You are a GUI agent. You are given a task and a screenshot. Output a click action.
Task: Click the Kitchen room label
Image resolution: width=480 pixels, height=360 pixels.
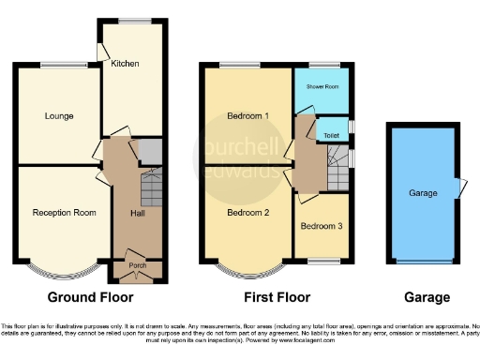pos(125,64)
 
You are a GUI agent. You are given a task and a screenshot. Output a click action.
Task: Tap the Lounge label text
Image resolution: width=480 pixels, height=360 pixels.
pos(58,116)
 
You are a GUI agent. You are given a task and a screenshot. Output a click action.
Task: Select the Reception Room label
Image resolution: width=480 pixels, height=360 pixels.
pos(64,213)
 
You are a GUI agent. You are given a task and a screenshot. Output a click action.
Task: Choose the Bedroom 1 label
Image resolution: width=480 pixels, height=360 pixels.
pos(247,116)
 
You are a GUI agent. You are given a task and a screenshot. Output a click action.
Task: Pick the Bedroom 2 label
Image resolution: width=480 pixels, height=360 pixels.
pos(247,213)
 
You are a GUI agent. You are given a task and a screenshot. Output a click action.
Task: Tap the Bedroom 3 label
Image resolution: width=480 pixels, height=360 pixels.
pos(322,226)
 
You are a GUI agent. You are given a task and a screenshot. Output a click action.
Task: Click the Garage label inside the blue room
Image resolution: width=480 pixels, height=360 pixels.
pos(423,192)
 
